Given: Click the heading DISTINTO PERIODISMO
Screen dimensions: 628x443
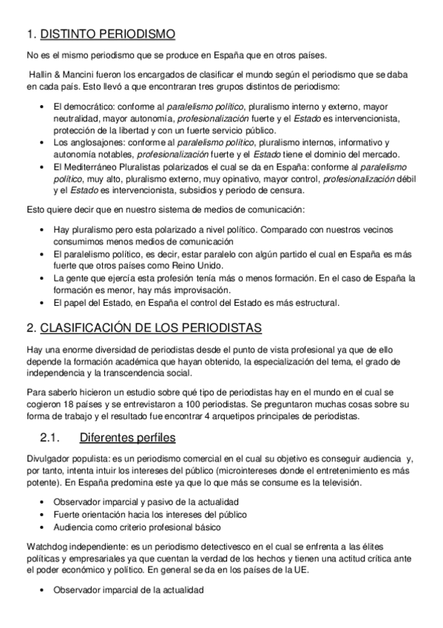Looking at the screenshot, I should (x=107, y=33).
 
